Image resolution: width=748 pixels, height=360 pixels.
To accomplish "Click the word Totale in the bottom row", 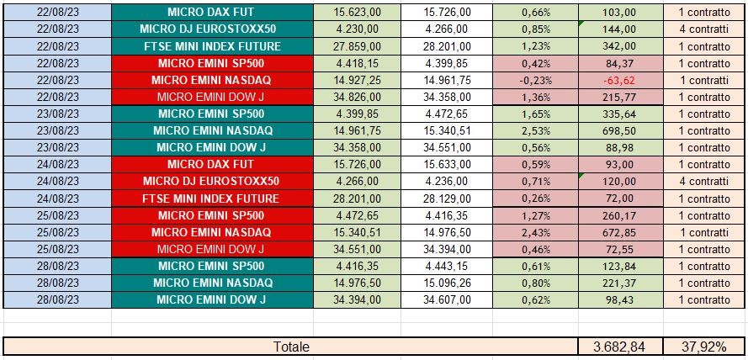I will point(291,347).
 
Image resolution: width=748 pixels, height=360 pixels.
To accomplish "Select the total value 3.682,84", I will point(619,347).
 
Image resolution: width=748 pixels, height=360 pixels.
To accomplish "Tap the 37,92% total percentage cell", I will point(703,347).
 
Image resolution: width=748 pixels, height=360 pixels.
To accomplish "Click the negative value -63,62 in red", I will point(619,81).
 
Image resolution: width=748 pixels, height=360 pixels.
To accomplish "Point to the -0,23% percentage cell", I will point(535,81).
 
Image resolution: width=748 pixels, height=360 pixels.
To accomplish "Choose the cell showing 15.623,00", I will point(356,13).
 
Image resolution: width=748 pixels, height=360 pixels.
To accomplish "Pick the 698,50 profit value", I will point(619,130).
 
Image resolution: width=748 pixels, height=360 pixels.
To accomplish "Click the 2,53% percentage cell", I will point(535,130).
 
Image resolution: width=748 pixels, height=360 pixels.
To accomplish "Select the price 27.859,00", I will point(356,46).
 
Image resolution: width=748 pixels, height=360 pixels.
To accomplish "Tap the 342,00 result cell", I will point(619,46).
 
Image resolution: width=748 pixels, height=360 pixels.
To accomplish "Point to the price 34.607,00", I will point(446,299).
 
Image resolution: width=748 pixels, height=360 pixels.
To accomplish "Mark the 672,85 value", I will point(619,232).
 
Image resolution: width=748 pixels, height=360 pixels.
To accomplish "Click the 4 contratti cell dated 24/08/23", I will point(703,182).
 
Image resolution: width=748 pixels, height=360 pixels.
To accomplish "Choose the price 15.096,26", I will point(446,283).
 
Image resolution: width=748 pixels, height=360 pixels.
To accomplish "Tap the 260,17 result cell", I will point(619,215).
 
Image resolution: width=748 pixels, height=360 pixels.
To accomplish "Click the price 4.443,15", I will point(446,266).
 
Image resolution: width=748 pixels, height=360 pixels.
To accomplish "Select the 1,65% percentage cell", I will point(535,114).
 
